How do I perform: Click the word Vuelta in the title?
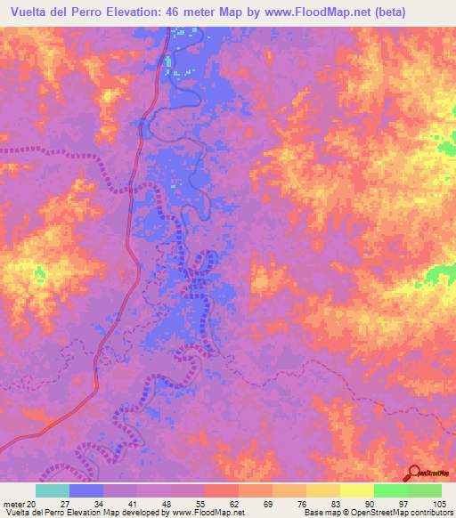click(x=28, y=12)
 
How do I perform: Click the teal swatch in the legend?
click(x=53, y=490)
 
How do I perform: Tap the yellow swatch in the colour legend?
click(x=357, y=490)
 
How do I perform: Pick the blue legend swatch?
click(x=86, y=490)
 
